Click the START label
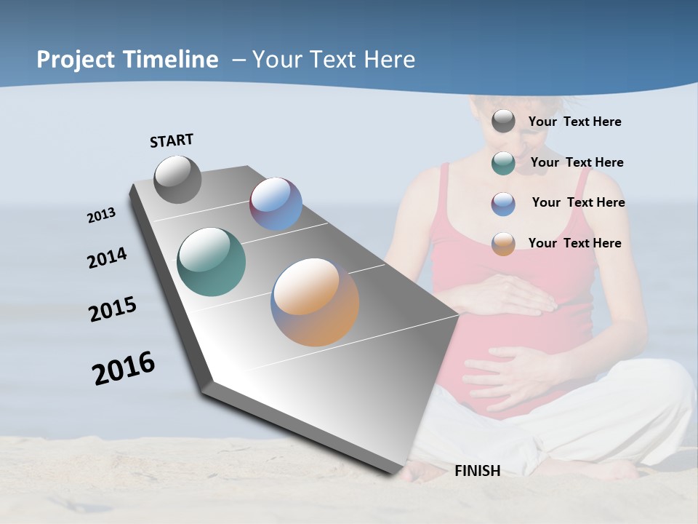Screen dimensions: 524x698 (x=172, y=140)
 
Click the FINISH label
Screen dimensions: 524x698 (x=478, y=471)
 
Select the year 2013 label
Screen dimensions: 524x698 (x=101, y=215)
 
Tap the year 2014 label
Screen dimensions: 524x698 (x=107, y=258)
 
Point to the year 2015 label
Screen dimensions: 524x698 (x=113, y=309)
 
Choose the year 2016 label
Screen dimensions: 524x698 (x=124, y=368)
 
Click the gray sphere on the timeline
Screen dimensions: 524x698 (x=178, y=179)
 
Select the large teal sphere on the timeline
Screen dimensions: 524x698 (x=212, y=262)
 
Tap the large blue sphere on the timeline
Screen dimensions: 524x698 (x=276, y=204)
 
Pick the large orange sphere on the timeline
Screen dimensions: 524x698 (x=315, y=301)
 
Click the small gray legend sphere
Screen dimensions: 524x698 (x=503, y=122)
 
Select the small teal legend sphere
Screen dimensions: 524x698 (x=503, y=163)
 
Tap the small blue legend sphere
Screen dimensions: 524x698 (x=503, y=204)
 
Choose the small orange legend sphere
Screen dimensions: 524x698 (x=503, y=244)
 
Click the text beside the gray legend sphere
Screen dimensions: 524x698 (x=575, y=122)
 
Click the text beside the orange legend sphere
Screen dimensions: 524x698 (x=575, y=243)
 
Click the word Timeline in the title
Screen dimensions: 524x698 (x=169, y=60)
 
